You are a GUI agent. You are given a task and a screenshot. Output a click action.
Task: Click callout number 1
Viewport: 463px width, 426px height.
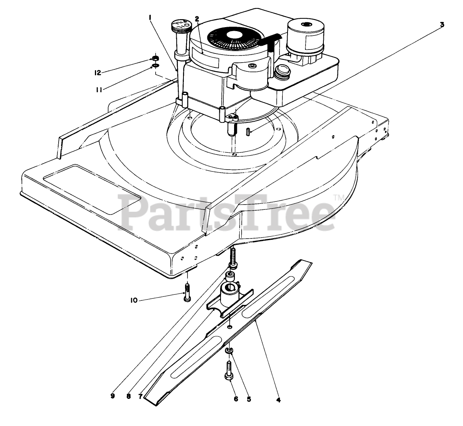pyautogui.click(x=150, y=17)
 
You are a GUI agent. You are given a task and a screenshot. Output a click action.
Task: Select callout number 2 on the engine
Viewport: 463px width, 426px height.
pyautogui.click(x=197, y=18)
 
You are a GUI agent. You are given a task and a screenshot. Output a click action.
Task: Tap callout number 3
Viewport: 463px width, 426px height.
pyautogui.click(x=442, y=24)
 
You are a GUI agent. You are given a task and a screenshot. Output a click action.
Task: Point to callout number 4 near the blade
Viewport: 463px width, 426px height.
pyautogui.click(x=278, y=400)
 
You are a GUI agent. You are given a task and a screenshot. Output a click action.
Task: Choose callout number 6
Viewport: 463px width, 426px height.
pyautogui.click(x=236, y=398)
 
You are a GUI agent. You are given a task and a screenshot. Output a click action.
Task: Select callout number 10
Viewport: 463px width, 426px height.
pyautogui.click(x=134, y=300)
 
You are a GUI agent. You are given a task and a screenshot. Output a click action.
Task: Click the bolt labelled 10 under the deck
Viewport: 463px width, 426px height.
pyautogui.click(x=186, y=292)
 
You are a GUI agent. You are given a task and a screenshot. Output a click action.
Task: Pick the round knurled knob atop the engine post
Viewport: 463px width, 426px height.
pyautogui.click(x=180, y=28)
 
